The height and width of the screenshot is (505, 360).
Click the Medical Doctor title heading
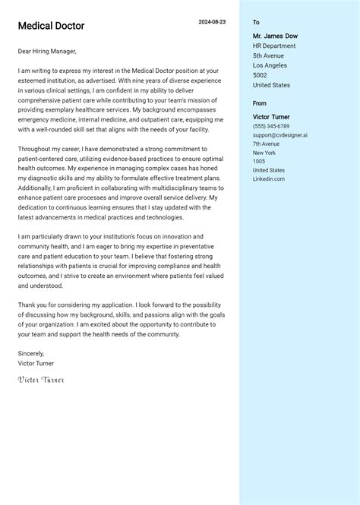51,26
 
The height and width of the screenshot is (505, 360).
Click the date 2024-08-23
212,22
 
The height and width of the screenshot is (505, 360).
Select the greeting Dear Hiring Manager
47,51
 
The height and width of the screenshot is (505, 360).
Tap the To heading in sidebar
256,23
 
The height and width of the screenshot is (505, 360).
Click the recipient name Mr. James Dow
275,36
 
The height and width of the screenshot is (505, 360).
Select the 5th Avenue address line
269,55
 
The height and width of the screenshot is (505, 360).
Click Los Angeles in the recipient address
270,65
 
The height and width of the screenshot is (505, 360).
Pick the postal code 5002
260,75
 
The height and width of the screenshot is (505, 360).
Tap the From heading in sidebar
260,103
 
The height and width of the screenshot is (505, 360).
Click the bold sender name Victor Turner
271,117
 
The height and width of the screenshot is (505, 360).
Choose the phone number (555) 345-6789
271,126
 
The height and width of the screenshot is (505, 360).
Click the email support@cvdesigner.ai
280,135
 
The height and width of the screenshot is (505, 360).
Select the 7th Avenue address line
266,144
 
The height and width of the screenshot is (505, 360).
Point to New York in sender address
264,153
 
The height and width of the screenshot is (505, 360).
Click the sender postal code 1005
259,161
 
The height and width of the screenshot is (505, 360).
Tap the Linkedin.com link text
269,178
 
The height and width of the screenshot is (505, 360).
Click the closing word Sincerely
31,353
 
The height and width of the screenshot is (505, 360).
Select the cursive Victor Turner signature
41,379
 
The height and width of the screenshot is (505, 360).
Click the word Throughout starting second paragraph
36,150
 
